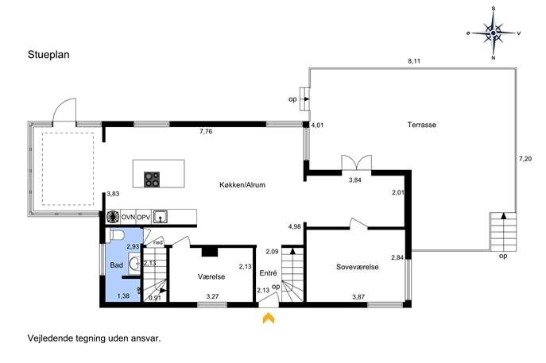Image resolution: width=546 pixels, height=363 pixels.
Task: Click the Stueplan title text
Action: coord(48,55)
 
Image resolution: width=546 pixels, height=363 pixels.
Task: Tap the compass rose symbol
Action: coord(494,33)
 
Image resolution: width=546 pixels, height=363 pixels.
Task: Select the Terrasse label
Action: coord(422,125)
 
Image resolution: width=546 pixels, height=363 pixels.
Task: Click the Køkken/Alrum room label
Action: coord(242,185)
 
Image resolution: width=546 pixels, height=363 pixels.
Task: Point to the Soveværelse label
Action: coord(358,267)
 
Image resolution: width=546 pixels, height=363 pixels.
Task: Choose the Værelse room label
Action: coord(211,276)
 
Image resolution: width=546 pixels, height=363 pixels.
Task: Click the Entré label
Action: coord(268,273)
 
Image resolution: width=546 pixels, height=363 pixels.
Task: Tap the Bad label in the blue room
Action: coord(116,265)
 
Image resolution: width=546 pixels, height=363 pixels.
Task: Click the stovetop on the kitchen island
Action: coord(152,180)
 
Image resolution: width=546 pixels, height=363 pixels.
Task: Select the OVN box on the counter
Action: coord(128,217)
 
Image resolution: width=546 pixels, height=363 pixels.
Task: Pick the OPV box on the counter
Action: coord(143,217)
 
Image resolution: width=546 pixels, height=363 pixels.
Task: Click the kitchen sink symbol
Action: coord(161,217)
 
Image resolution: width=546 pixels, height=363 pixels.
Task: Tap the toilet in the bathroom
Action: coord(117,235)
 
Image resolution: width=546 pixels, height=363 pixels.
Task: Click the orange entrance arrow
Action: coord(269,318)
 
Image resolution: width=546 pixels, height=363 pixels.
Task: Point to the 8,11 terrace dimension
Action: coord(414,61)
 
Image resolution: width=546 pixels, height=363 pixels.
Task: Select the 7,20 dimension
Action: coord(525,159)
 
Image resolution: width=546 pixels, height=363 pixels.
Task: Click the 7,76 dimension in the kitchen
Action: coord(206,132)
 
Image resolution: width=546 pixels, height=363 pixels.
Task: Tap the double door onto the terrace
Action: coord(357,163)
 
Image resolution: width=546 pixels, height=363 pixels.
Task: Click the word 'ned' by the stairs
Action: coord(158,242)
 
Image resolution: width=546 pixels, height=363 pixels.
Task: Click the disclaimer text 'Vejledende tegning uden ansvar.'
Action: coord(94,338)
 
